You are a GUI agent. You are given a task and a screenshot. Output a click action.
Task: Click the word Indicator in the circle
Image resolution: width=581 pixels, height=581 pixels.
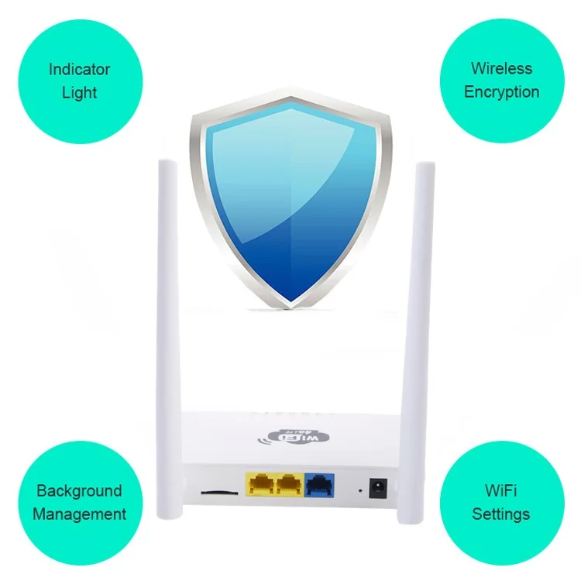pos(79,69)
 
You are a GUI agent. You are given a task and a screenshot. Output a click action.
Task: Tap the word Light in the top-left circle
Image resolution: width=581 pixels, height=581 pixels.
pos(79,93)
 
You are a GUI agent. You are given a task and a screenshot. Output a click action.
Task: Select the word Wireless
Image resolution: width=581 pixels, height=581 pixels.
pos(501,68)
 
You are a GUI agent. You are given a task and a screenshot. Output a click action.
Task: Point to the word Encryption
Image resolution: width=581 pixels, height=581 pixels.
pos(501,91)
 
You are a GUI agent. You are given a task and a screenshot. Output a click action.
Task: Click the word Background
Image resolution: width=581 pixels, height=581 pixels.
pos(79,490)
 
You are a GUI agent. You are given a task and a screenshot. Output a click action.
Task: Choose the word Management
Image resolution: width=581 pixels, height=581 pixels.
pos(79,514)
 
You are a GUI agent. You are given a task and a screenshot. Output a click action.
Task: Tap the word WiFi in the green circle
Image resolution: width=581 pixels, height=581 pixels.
pos(501,490)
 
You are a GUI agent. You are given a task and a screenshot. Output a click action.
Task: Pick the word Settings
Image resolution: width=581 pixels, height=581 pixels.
pos(501,514)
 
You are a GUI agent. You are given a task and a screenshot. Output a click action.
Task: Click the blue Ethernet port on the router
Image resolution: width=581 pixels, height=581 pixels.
pos(320,486)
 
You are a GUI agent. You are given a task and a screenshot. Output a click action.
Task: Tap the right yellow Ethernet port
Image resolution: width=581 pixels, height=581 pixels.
pos(288,486)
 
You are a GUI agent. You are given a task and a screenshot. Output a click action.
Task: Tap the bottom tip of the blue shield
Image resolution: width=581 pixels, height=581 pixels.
pos(290,307)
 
